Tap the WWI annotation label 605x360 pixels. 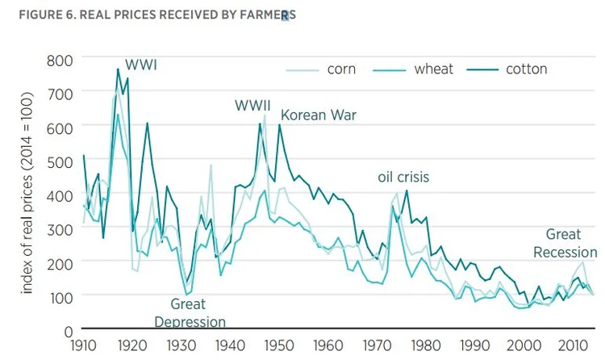(140, 65)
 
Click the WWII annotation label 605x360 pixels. (252, 106)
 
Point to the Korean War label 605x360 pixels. (318, 115)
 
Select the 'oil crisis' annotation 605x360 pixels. (403, 177)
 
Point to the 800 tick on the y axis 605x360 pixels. (59, 60)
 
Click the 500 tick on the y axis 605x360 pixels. (59, 161)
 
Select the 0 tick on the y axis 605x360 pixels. (68, 330)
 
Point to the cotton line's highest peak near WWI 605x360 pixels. (118, 69)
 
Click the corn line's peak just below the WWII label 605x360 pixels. (264, 115)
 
